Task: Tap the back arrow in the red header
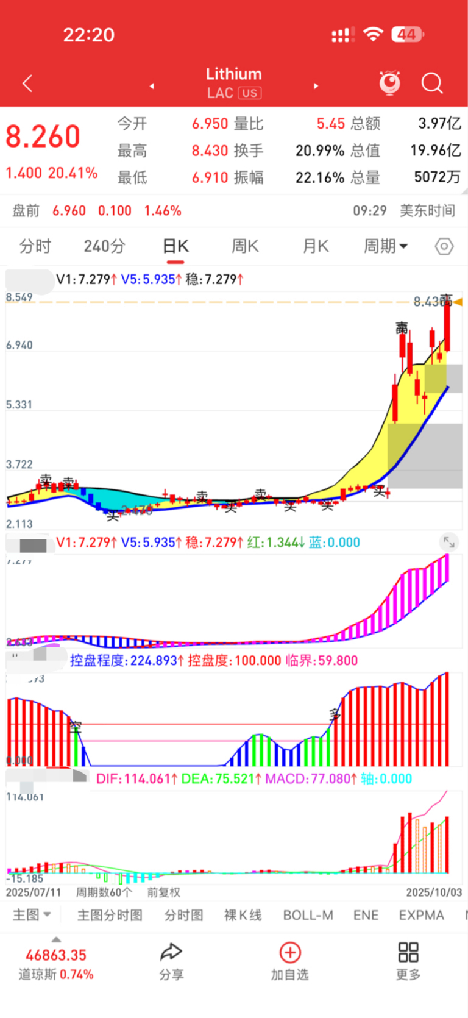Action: click(27, 84)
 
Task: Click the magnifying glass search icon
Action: click(431, 83)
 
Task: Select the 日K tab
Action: click(175, 246)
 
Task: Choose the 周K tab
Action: click(245, 246)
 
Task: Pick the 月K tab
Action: click(316, 246)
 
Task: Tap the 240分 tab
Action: click(104, 246)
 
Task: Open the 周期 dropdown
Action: click(385, 246)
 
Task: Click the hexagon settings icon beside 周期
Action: click(444, 246)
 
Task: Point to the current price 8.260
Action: click(43, 137)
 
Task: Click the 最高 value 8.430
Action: click(210, 151)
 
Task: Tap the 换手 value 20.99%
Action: click(320, 151)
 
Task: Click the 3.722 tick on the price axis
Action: click(19, 465)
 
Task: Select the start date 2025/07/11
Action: click(34, 892)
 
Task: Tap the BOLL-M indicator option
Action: click(308, 915)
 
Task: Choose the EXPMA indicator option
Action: click(421, 915)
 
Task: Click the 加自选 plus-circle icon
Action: click(290, 952)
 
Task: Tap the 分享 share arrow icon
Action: click(171, 952)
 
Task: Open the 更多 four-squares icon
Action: click(408, 952)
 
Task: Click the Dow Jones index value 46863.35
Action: click(56, 955)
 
